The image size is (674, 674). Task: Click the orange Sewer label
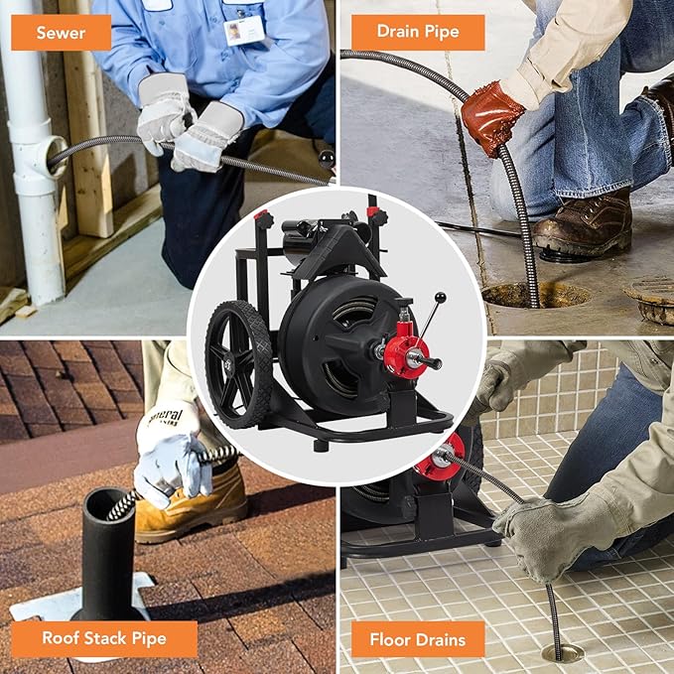[60, 32]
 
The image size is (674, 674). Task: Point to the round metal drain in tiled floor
[562, 652]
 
